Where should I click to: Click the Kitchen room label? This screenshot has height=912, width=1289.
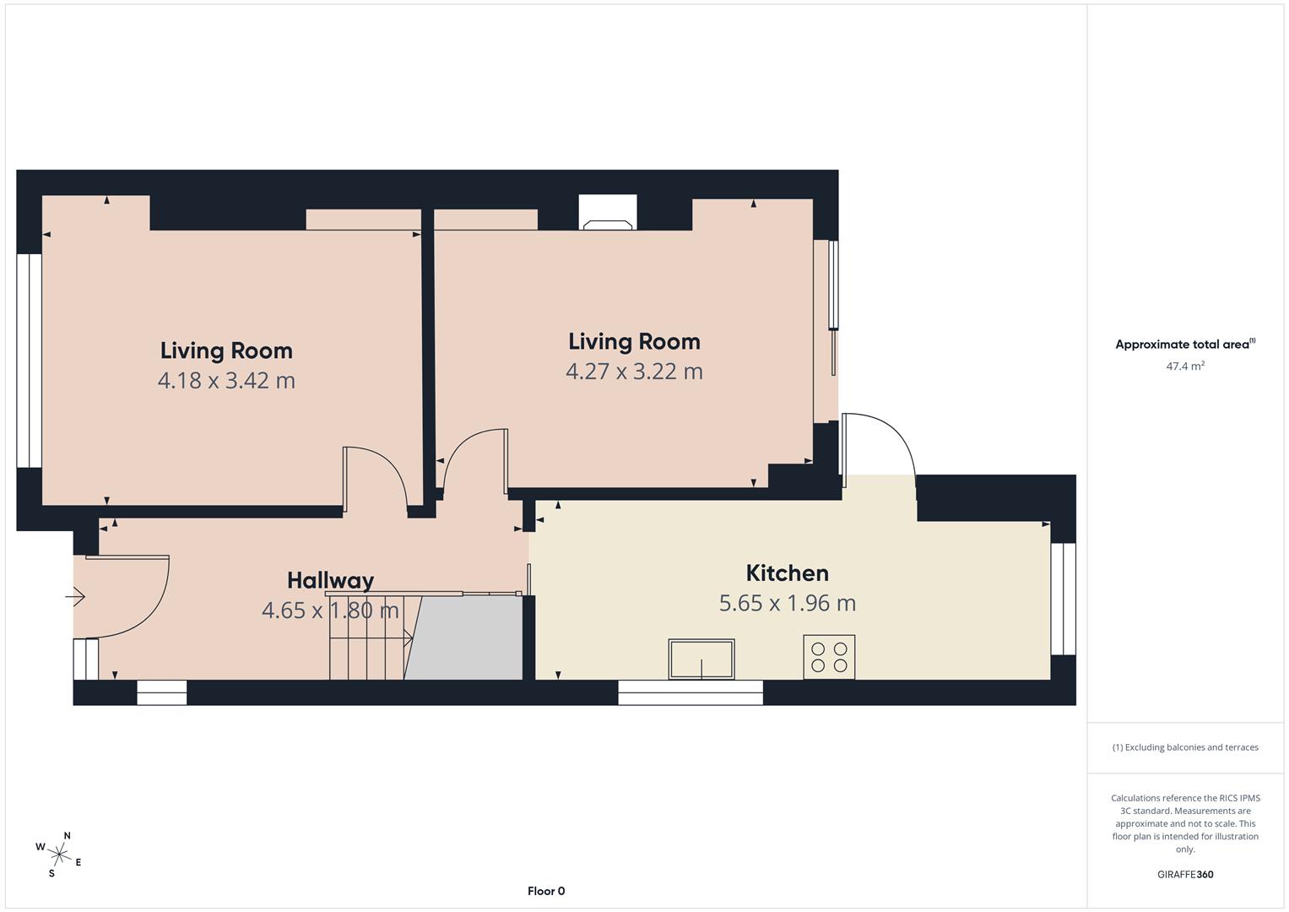pyautogui.click(x=787, y=573)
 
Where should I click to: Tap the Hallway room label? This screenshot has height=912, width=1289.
pyautogui.click(x=330, y=581)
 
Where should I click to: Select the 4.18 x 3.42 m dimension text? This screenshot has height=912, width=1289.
pyautogui.click(x=226, y=381)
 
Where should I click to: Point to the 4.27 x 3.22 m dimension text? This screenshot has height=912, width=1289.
pyautogui.click(x=634, y=372)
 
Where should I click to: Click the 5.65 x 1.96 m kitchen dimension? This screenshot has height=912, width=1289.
pyautogui.click(x=787, y=604)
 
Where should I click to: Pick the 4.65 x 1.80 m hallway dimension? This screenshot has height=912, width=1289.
pyautogui.click(x=330, y=611)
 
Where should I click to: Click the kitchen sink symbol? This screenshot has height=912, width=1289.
pyautogui.click(x=701, y=659)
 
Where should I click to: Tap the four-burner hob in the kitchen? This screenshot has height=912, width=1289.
pyautogui.click(x=829, y=657)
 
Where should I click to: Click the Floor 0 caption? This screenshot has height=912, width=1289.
pyautogui.click(x=546, y=891)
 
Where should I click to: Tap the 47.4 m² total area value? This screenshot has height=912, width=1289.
pyautogui.click(x=1184, y=366)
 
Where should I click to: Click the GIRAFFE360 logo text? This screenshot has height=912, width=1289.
pyautogui.click(x=1184, y=875)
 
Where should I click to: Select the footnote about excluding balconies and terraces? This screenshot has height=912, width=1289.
pyautogui.click(x=1184, y=747)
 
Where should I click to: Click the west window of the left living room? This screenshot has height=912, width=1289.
pyautogui.click(x=30, y=361)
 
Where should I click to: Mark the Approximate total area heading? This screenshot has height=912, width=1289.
pyautogui.click(x=1184, y=345)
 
